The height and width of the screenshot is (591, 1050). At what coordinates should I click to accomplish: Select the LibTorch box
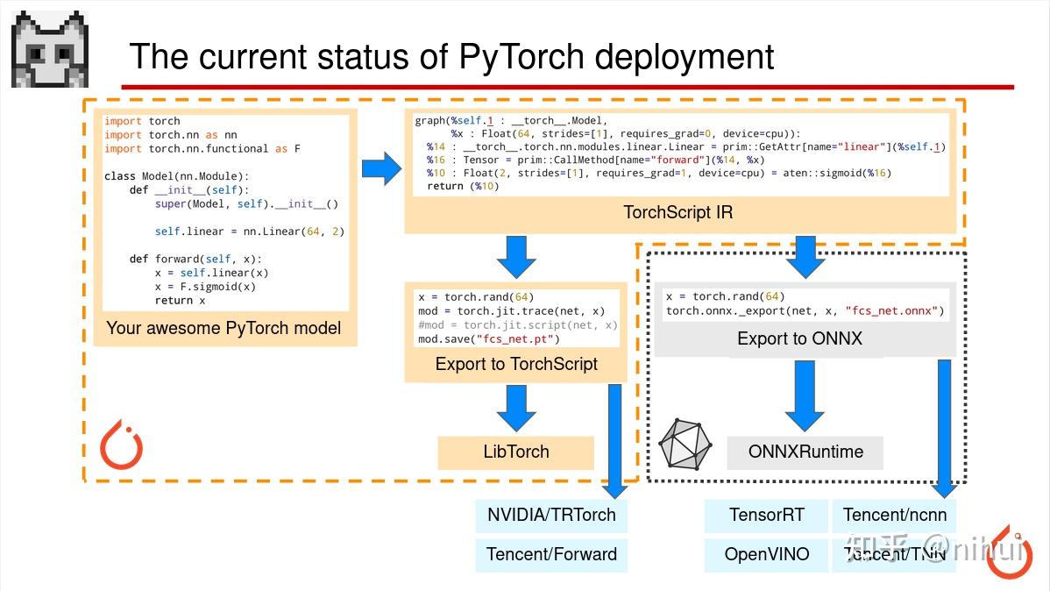(515, 452)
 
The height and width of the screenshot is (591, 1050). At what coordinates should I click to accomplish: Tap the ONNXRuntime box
(805, 452)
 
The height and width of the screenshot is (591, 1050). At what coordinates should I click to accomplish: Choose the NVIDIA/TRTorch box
(551, 515)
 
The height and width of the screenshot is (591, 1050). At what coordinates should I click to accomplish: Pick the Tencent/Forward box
(551, 554)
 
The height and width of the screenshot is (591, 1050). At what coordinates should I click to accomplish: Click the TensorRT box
(766, 515)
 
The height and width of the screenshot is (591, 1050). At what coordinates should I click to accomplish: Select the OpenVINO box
(766, 554)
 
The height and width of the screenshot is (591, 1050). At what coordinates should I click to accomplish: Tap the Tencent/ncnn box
(894, 515)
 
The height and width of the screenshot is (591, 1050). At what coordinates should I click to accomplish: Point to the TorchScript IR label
(678, 212)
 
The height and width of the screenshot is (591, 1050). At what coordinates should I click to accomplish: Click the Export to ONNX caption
(799, 338)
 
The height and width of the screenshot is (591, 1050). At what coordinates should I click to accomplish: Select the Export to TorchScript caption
(516, 364)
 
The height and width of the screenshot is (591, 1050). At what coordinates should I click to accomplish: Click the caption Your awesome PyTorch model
(223, 329)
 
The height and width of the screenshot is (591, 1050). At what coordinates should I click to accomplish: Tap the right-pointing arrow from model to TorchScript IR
(380, 167)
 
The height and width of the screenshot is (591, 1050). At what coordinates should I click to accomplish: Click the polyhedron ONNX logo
(685, 444)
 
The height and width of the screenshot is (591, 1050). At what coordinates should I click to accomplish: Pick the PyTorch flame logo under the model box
(121, 446)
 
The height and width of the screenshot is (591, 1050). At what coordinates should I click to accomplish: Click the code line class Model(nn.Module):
(176, 176)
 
